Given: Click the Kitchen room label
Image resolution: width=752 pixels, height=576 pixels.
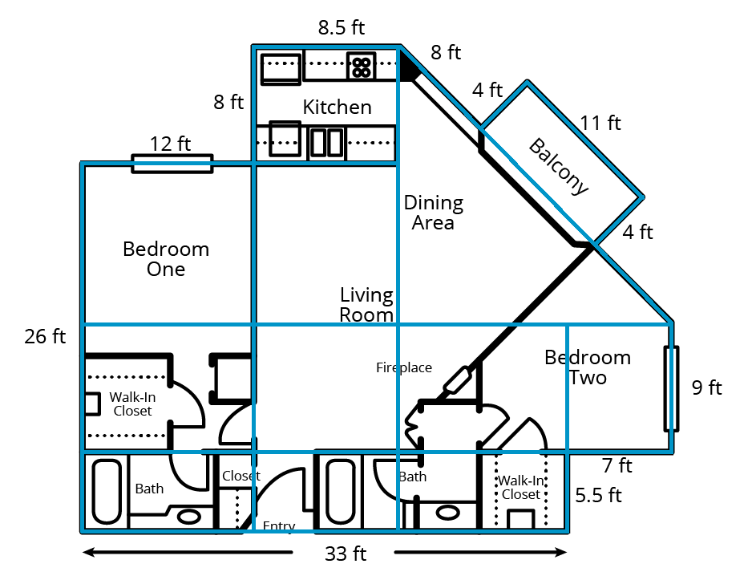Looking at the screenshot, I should (337, 107).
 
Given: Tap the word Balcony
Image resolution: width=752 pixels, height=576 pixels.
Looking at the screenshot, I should (559, 167).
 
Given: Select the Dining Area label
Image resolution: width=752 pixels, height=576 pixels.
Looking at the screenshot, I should (433, 213).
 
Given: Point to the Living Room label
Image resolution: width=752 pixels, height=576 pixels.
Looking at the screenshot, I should (366, 305).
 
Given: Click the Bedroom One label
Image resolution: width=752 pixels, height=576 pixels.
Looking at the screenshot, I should (166, 259).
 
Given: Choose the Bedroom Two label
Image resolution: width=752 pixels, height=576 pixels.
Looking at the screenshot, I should (587, 367).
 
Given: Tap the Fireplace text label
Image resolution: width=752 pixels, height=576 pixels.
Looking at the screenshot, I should (404, 368).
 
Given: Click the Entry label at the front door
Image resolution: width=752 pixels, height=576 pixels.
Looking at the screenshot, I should (279, 526).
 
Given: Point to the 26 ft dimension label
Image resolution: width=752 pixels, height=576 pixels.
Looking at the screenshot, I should (45, 336).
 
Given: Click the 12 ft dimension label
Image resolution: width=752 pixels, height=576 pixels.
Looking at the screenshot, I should (171, 144).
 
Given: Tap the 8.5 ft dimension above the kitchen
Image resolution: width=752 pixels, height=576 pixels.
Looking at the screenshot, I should (341, 28).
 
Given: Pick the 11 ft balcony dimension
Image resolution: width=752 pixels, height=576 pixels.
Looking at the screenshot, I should (600, 123).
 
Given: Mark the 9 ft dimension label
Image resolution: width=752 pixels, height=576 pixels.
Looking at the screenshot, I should (706, 388).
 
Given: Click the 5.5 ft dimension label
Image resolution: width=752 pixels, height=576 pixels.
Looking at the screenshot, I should (599, 495).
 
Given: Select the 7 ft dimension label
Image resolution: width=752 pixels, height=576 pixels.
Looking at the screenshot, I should (617, 465).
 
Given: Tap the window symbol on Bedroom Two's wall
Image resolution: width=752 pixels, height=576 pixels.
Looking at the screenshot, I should (671, 388).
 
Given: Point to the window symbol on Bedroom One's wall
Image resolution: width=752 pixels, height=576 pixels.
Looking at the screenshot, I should (172, 164).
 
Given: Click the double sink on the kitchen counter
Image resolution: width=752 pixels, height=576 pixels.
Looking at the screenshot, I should (327, 143).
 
